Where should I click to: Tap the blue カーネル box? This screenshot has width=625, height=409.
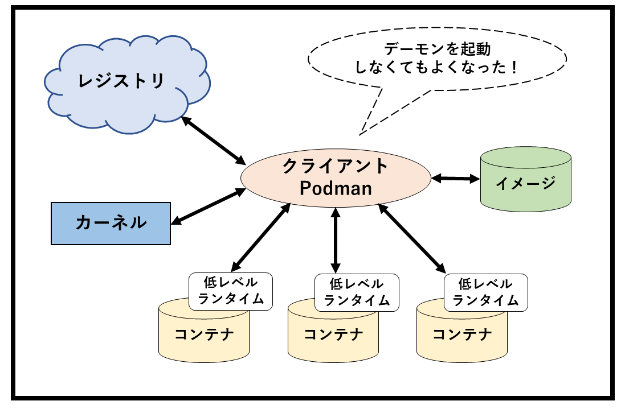[x=111, y=223]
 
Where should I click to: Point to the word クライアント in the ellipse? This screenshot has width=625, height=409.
[x=336, y=167]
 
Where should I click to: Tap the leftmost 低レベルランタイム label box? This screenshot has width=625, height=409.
[x=230, y=291]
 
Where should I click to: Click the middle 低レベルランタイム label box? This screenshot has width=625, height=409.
[x=356, y=292]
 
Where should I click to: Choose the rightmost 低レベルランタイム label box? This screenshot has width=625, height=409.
[x=485, y=292]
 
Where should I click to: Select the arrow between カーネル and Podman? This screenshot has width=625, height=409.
[x=209, y=206]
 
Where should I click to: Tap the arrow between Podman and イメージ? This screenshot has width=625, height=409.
[x=455, y=179]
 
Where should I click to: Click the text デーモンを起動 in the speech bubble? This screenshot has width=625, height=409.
[x=437, y=49]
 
